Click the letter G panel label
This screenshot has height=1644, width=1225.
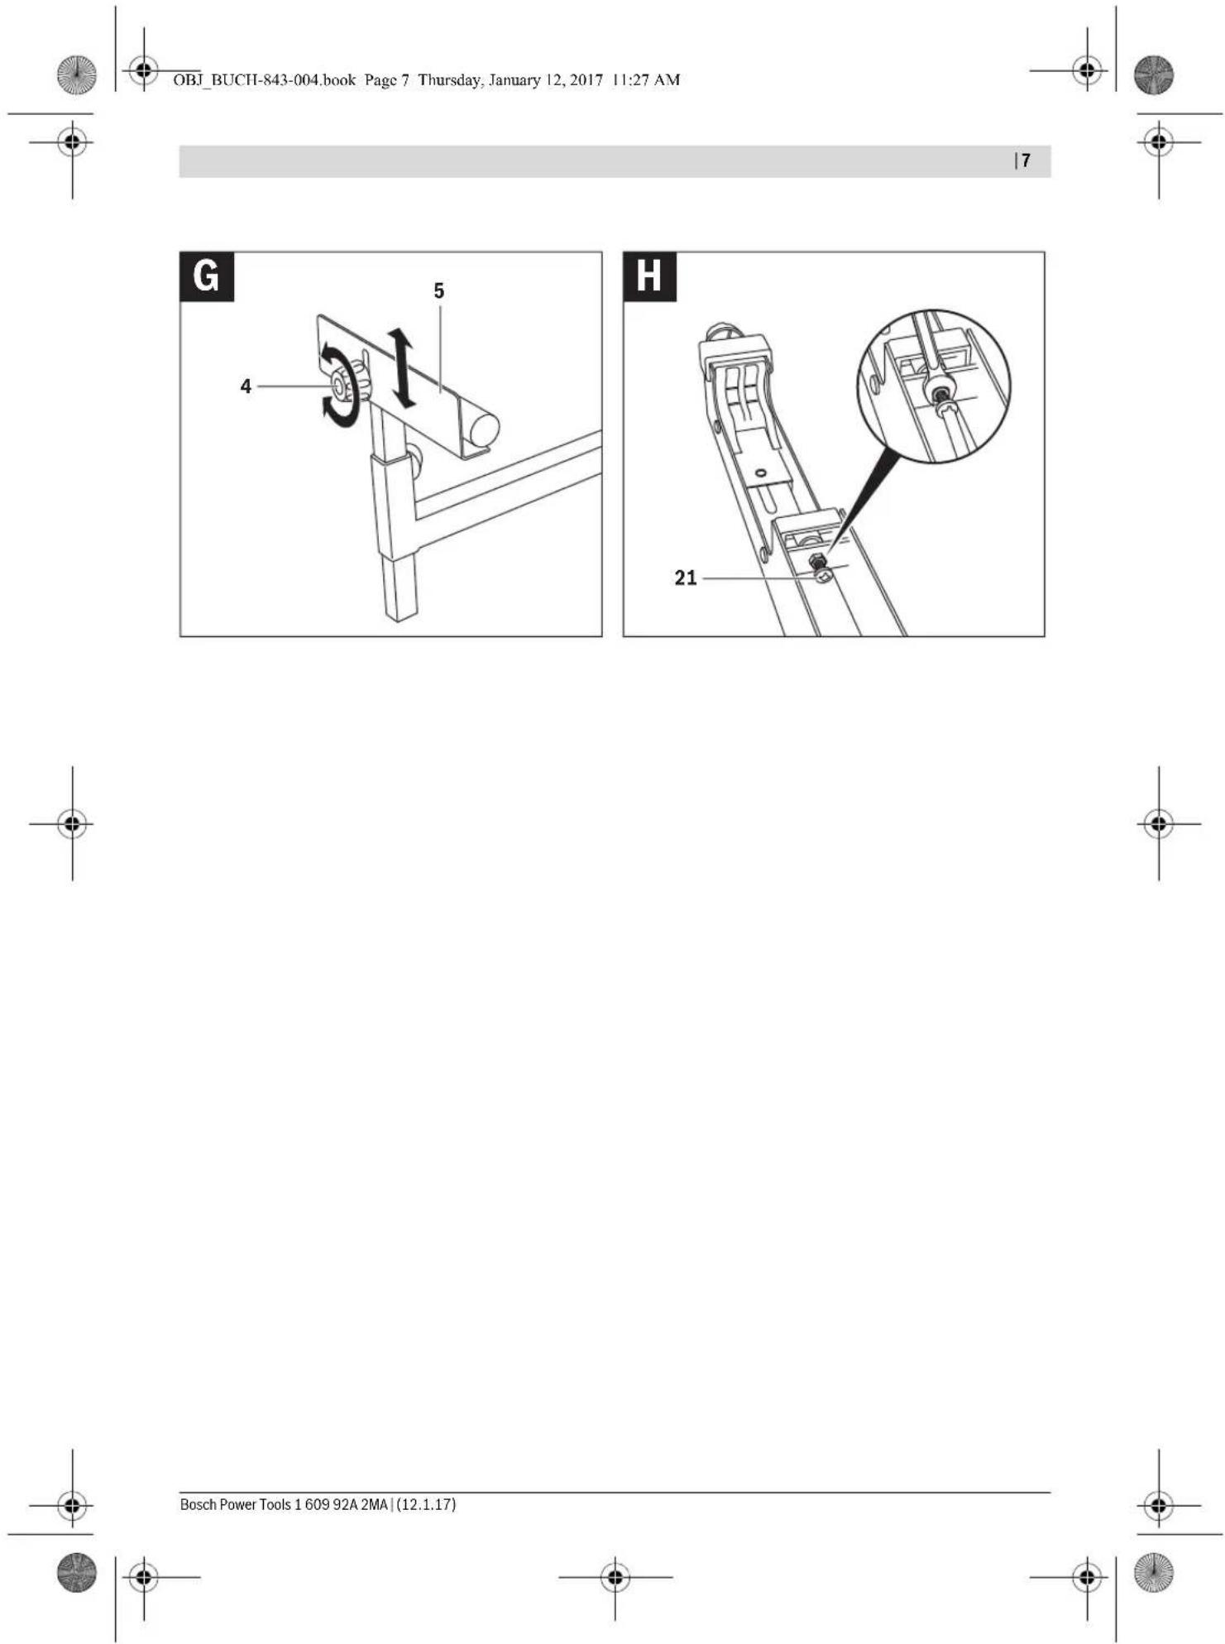pos(207,276)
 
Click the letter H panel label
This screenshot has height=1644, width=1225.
pos(649,276)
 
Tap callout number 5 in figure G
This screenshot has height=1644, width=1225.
pos(439,291)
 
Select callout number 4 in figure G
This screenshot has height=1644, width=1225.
pos(246,386)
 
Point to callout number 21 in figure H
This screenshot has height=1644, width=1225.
pos(686,578)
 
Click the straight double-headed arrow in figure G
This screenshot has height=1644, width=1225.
pos(402,367)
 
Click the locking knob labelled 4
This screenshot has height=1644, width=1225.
pos(347,386)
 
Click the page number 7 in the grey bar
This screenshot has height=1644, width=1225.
pos(1026,161)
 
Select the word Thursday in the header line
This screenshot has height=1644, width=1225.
pos(450,80)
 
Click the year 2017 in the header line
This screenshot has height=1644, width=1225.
pos(586,80)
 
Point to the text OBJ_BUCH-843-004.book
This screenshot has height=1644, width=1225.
pos(264,80)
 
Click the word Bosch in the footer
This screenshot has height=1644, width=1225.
pos(199,1504)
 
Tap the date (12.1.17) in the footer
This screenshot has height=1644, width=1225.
pos(426,1504)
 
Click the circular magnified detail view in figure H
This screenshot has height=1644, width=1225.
pos(934,386)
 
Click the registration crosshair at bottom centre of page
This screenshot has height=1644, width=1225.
pos(615,1577)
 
